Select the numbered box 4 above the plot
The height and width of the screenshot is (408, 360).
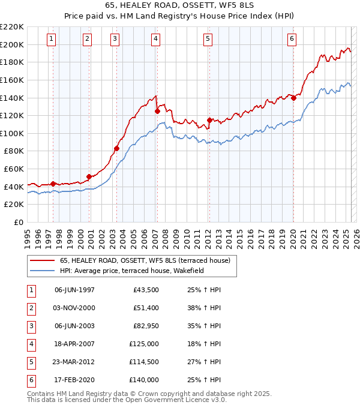[x=155, y=40]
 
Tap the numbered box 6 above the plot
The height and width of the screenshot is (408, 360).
[x=292, y=40]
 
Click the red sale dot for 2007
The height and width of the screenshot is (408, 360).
[x=157, y=111]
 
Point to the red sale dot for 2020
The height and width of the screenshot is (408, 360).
[x=293, y=98]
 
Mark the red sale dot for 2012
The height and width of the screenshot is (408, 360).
[x=209, y=120]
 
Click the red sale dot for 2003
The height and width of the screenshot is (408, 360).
[x=116, y=148]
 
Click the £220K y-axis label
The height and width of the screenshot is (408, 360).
[x=13, y=27]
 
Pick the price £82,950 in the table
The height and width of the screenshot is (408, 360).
[x=144, y=326]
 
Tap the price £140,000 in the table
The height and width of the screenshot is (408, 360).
[x=144, y=380]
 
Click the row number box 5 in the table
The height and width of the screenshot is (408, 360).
[x=30, y=362]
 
